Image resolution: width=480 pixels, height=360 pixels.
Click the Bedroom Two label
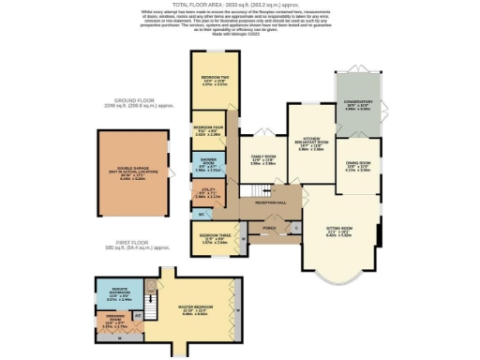tap(215, 82)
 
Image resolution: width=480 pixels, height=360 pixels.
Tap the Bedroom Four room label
tap(208, 129)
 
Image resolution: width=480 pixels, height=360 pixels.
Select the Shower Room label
tap(208, 166)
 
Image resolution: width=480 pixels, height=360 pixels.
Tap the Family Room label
tap(262, 159)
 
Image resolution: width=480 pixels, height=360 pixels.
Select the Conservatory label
tap(359, 104)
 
